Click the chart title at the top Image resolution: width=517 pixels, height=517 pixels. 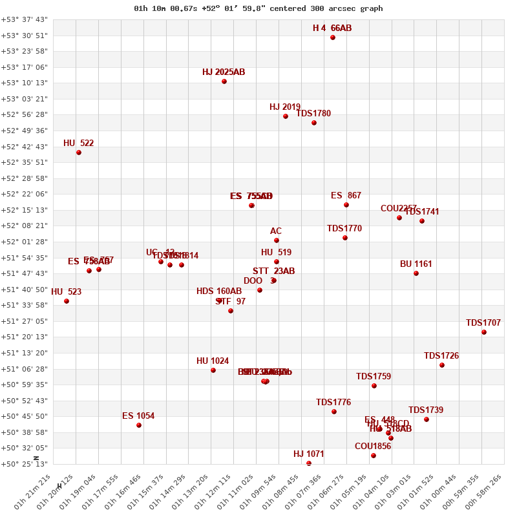(x=258, y=8)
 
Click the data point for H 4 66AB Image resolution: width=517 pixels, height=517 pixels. (x=333, y=37)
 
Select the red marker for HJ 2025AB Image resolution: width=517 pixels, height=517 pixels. (x=224, y=81)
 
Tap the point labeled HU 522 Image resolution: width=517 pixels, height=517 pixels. (x=79, y=153)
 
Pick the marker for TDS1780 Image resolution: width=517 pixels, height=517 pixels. (x=314, y=123)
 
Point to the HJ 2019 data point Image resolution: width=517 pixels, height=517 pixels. (x=286, y=116)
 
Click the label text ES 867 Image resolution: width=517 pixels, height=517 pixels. (x=346, y=196)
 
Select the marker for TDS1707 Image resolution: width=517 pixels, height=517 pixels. (x=484, y=332)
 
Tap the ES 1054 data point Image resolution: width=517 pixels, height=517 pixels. (x=139, y=425)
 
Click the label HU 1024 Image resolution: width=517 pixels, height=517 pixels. (x=213, y=361)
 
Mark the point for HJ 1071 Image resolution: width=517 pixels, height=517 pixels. (x=309, y=463)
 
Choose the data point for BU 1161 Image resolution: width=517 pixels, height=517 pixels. (x=416, y=273)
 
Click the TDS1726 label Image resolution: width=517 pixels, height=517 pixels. (x=441, y=356)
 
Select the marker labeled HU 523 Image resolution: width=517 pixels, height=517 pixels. (x=67, y=301)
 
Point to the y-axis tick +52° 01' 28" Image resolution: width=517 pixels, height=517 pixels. (x=24, y=242)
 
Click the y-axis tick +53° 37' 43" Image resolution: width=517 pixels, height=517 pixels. (x=24, y=19)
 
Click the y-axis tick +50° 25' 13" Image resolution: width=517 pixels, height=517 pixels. (x=24, y=464)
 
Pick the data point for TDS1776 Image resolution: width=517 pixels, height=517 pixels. (x=334, y=412)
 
